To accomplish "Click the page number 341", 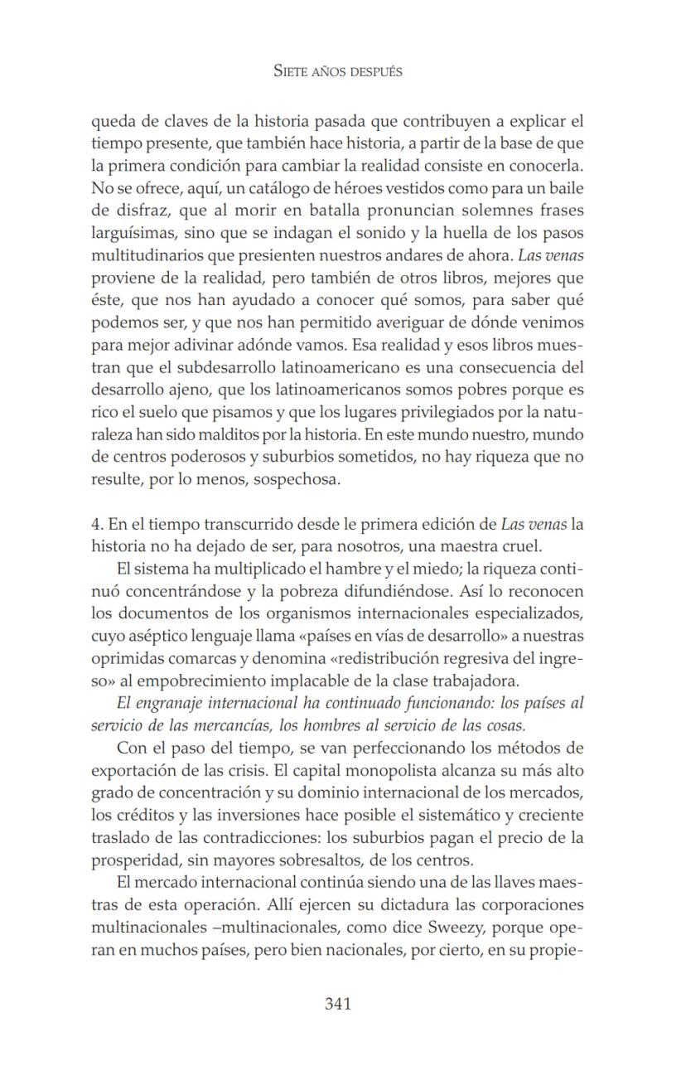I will point(338,1004).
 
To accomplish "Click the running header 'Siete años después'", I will point(338,71).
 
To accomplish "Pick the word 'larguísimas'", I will point(132,233).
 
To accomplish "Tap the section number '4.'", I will point(97,525).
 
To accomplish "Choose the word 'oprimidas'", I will point(124,659).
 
